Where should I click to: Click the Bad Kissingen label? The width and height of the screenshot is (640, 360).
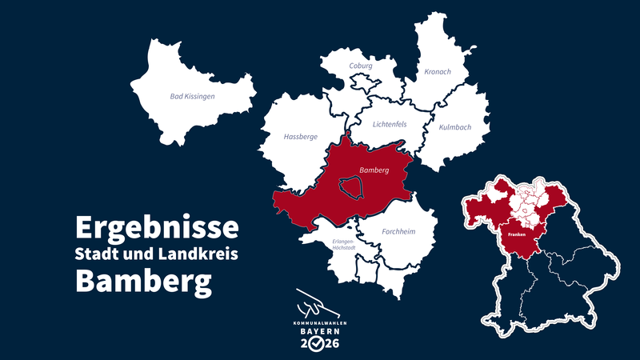click(x=193, y=96)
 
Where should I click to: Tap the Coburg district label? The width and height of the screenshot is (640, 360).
click(x=362, y=66)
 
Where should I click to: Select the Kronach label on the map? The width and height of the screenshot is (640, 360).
click(x=438, y=72)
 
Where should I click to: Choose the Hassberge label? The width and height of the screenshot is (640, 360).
click(x=301, y=137)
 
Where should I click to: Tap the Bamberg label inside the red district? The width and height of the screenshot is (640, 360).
click(x=374, y=170)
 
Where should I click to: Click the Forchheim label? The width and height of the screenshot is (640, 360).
click(x=398, y=232)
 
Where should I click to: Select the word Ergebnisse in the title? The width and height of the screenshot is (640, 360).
click(x=157, y=227)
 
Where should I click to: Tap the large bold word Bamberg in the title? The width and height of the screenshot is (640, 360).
click(x=144, y=282)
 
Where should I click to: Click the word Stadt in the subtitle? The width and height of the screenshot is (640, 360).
click(x=95, y=254)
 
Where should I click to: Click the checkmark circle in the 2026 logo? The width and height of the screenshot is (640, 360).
click(x=319, y=344)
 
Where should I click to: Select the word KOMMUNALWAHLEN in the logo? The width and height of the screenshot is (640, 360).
click(x=319, y=321)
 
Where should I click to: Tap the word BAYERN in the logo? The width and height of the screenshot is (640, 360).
click(x=319, y=330)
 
